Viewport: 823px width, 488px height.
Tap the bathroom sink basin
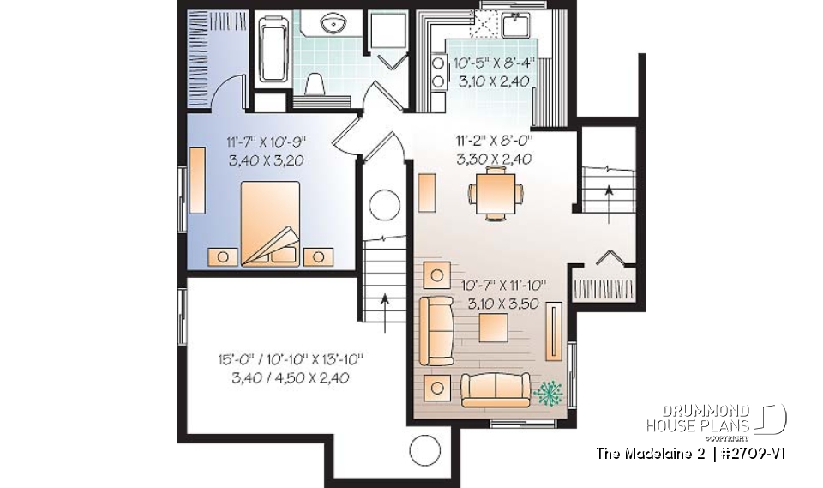coord(333,23)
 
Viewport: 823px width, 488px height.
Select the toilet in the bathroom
coord(315,83)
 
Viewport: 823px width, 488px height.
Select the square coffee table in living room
coord(494,328)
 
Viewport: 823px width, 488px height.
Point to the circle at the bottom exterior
coord(424,449)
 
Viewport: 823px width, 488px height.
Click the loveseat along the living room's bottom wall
coord(496,389)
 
